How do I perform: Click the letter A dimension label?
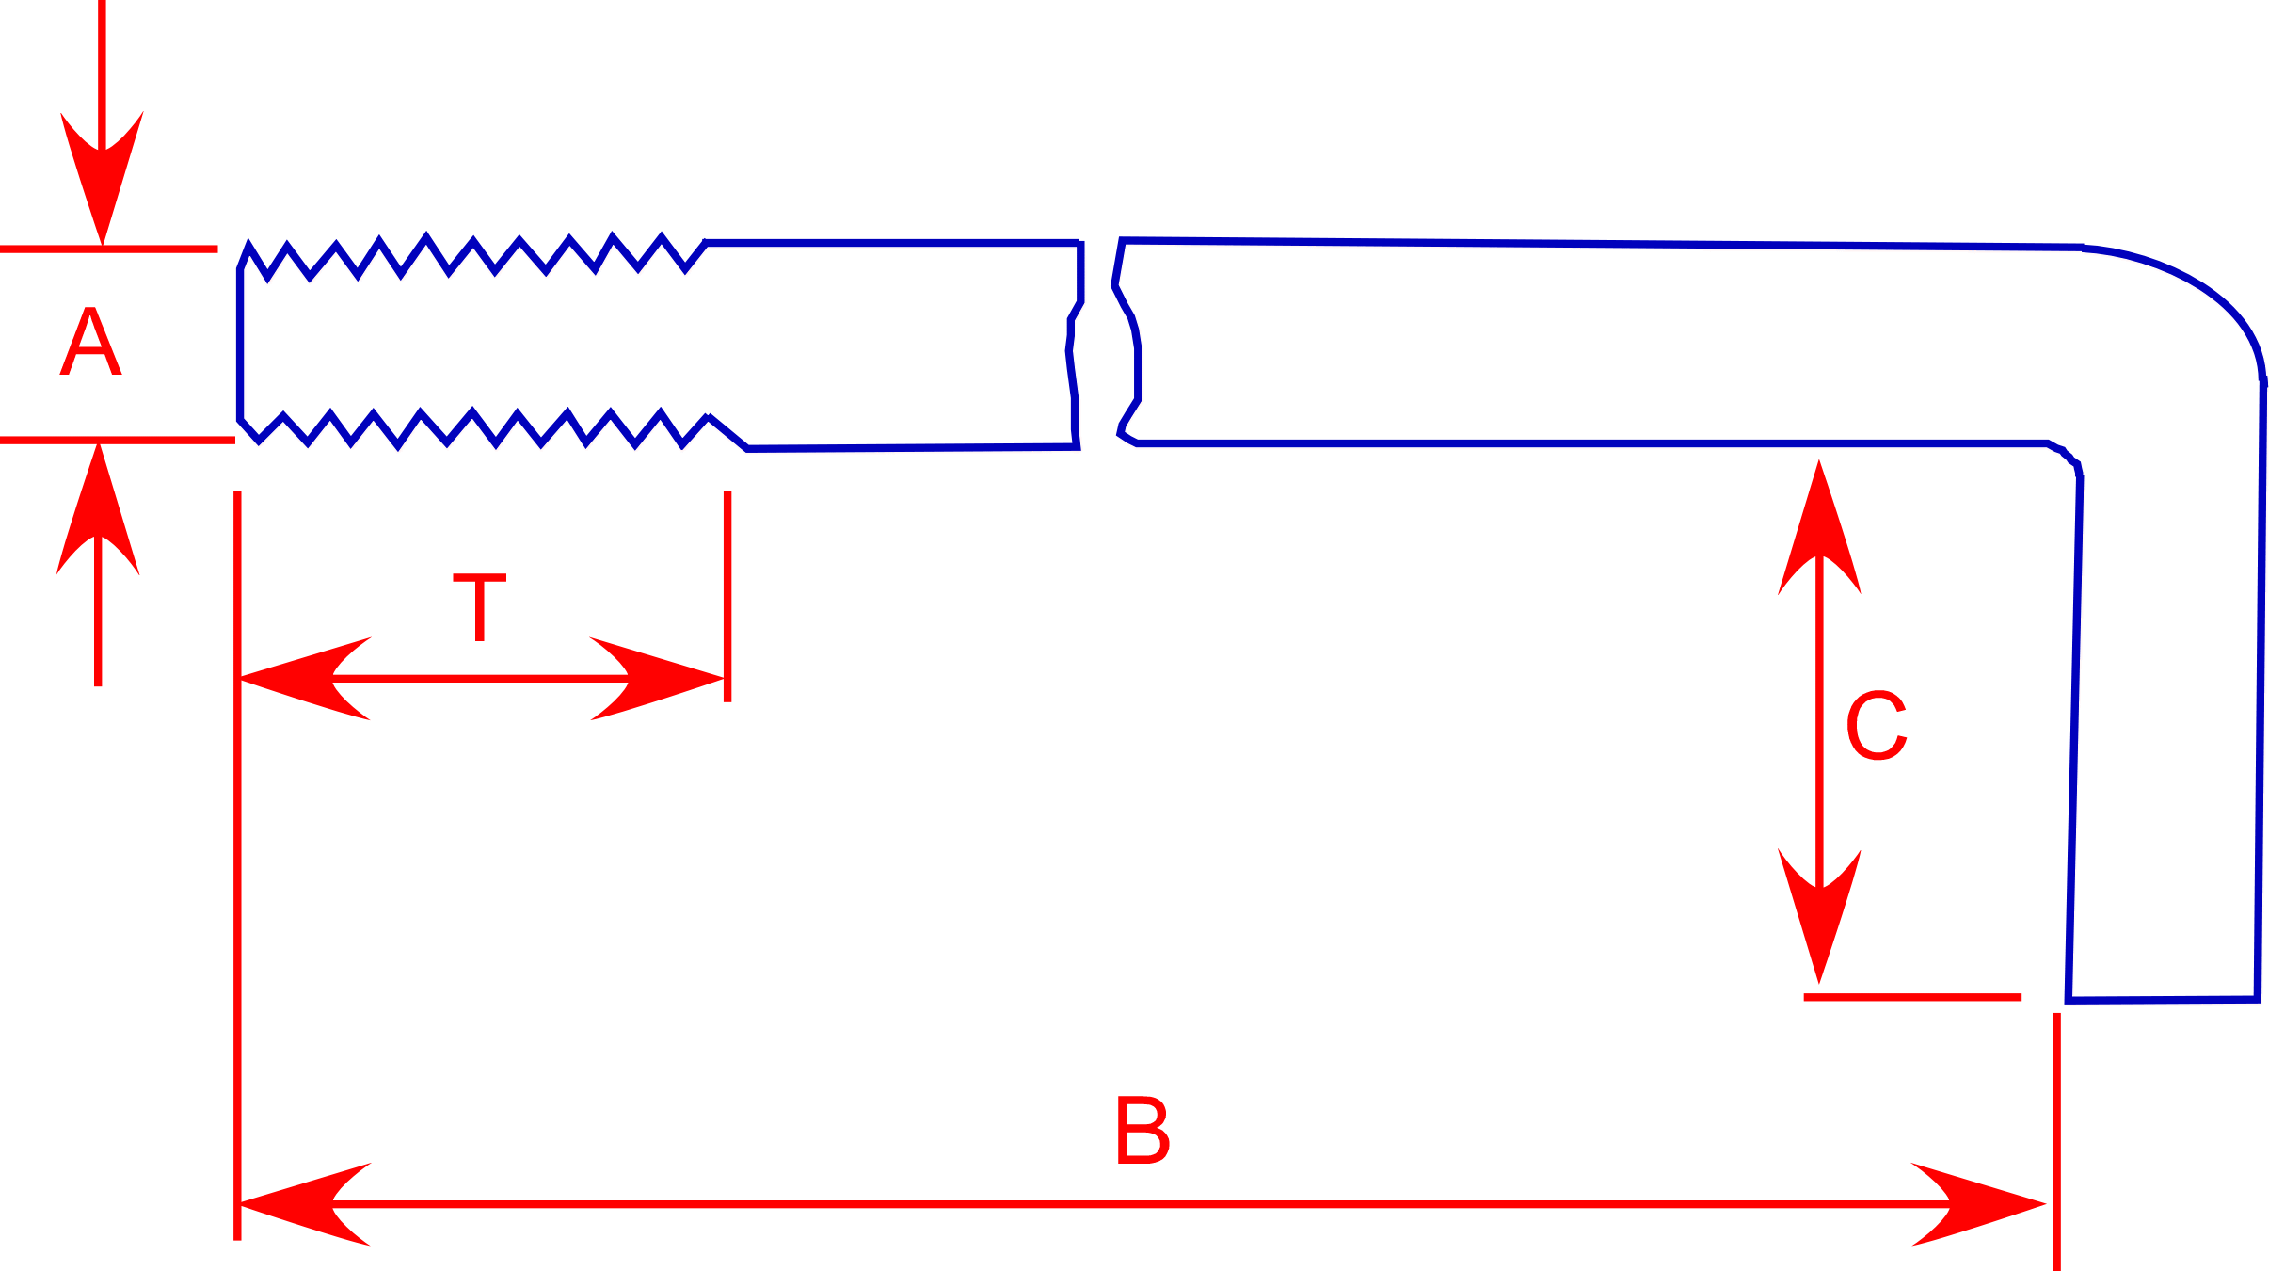pos(90,342)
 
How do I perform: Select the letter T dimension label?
pos(480,607)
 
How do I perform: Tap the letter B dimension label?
pos(1143,1130)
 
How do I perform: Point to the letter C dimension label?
pos(1877,726)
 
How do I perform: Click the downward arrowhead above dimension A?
pos(102,179)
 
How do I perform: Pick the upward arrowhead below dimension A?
pos(98,508)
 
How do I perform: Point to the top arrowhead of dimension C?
pos(1819,527)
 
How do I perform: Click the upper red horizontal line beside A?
pos(108,249)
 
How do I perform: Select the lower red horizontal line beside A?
pos(117,440)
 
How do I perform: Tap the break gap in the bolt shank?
pos(1099,344)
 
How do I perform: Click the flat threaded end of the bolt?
pos(240,345)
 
